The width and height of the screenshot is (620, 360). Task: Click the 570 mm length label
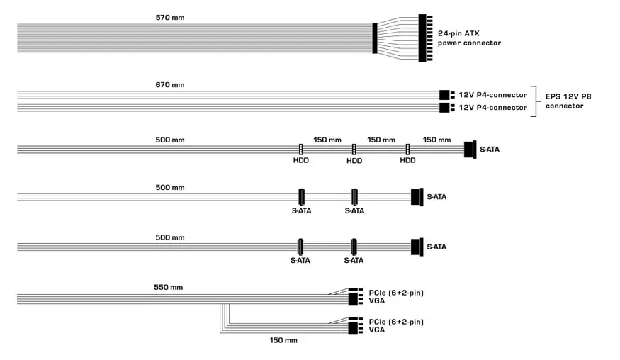point(170,18)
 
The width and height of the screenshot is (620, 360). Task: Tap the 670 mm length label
point(170,84)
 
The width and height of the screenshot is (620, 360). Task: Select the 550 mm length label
point(169,287)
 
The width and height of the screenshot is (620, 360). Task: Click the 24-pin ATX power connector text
point(469,38)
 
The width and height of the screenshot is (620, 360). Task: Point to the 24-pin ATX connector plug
point(425,38)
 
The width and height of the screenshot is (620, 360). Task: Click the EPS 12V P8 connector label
point(568,101)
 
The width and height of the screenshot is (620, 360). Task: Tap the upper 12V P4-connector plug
point(447,95)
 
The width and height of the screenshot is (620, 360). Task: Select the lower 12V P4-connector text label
point(492,108)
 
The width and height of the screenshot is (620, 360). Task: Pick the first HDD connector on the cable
point(301,149)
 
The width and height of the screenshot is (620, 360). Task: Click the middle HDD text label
point(354,161)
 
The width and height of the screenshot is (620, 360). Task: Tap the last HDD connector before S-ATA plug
point(407,149)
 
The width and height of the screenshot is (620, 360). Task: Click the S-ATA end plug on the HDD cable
point(470,150)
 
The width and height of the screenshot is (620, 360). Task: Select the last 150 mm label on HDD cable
point(436,140)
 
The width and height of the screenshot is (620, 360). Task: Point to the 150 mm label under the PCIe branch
point(283,340)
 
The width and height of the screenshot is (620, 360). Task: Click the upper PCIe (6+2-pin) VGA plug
point(356,297)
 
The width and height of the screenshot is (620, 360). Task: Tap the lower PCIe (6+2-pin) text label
point(396,322)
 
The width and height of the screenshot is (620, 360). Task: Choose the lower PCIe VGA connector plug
point(356,325)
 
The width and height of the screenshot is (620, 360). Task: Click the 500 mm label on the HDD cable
point(170,140)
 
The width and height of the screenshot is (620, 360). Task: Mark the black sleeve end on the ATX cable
point(375,38)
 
